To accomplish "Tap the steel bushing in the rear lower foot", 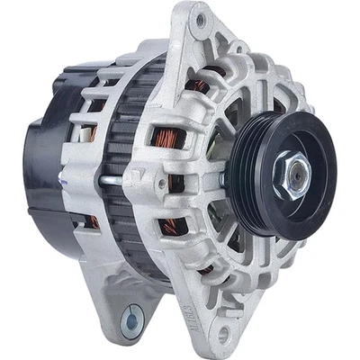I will coord(133,318).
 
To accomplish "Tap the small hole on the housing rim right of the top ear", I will coord(244,50).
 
